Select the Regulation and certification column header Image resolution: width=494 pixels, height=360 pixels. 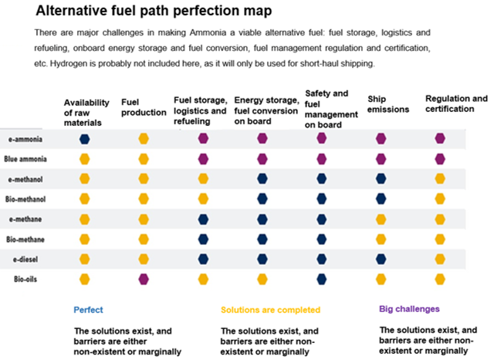pos(456,104)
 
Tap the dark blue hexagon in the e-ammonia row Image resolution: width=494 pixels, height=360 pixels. pos(85,139)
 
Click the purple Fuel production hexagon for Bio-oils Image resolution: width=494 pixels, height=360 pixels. pos(144,278)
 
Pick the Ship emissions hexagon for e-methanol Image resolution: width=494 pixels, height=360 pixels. pos(381,178)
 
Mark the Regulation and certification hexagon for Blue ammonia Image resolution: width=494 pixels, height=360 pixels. pos(440,159)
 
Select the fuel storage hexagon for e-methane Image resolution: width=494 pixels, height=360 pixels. pos(203,219)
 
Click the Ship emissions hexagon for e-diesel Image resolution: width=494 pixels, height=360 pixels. pos(381,258)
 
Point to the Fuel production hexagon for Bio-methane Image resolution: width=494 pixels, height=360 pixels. pos(144,239)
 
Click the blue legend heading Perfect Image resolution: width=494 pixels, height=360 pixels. pos(88,310)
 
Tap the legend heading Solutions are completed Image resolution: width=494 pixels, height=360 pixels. pos(270,310)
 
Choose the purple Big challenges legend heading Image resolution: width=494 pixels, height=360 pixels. pos(409,309)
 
